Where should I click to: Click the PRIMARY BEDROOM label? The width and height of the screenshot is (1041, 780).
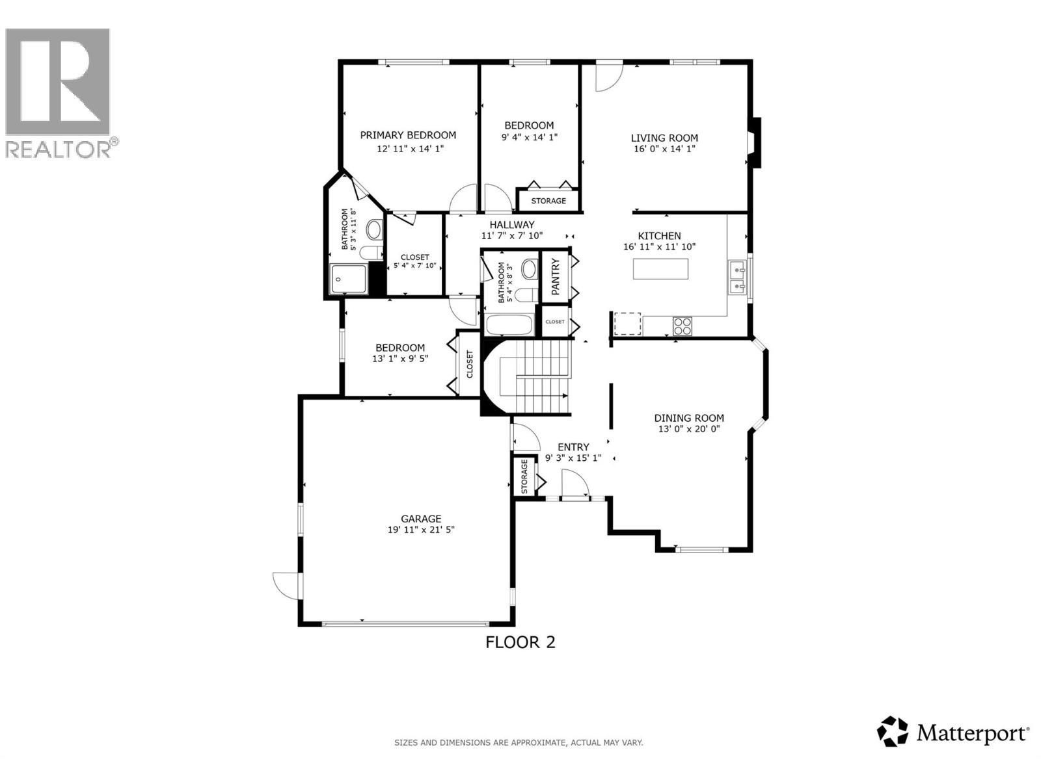click(x=408, y=135)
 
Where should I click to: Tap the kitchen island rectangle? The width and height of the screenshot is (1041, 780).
click(x=660, y=269)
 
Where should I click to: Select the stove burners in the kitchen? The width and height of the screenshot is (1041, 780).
click(x=683, y=325)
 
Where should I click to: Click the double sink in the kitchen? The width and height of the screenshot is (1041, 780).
click(x=738, y=277)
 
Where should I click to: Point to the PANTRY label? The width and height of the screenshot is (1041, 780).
click(x=556, y=277)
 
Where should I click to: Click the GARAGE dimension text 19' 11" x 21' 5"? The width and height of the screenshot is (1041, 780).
click(x=421, y=530)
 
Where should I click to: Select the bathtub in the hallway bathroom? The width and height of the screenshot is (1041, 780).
click(x=509, y=324)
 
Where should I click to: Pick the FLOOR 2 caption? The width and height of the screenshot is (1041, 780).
click(x=520, y=642)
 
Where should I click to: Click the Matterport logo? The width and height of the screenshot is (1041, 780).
click(x=954, y=734)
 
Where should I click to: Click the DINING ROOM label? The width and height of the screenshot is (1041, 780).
click(x=689, y=418)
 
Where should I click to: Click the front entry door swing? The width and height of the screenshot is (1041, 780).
click(x=575, y=484)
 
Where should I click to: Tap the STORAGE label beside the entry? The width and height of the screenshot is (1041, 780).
click(x=524, y=476)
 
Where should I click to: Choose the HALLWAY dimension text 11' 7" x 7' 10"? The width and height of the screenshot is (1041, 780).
click(x=511, y=236)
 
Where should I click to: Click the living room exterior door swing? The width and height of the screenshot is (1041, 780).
click(x=610, y=75)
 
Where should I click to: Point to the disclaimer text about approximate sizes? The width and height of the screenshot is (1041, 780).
click(x=519, y=742)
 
